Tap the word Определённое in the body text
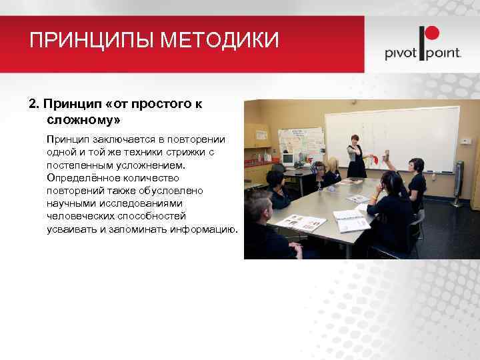click(79, 177)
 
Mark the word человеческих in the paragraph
click(79, 216)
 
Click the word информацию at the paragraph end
click(204, 229)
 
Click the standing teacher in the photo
click(355, 157)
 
